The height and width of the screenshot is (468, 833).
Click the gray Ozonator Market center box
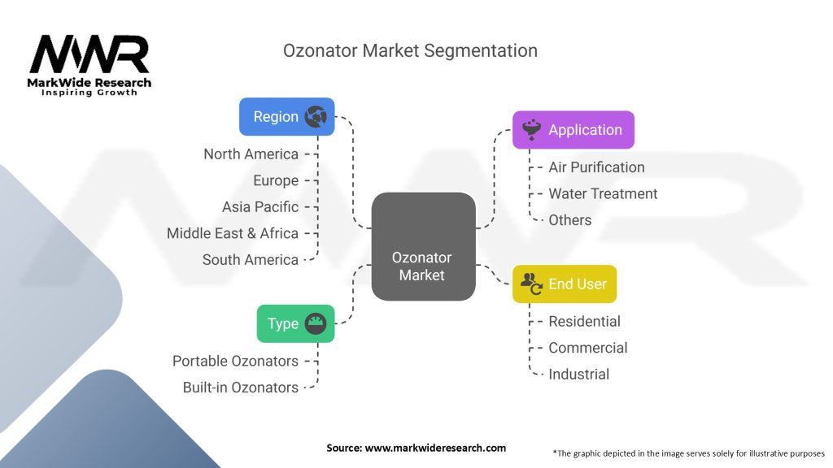(423, 247)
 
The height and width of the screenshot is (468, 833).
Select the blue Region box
(287, 117)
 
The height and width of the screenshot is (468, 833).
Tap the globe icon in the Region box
(316, 117)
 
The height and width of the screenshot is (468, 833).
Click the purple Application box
(574, 130)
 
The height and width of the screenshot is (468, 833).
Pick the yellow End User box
(565, 284)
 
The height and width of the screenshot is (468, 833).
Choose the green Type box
(296, 323)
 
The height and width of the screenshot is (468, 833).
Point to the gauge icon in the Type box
(316, 323)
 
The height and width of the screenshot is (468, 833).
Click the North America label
(251, 154)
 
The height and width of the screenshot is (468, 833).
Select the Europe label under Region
(276, 180)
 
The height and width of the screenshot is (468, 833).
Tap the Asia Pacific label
(260, 207)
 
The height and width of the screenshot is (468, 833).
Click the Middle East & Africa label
(233, 233)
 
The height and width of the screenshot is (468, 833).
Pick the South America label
(251, 260)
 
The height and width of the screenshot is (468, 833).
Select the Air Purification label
(596, 167)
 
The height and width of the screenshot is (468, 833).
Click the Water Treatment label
(603, 193)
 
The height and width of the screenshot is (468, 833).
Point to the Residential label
(584, 322)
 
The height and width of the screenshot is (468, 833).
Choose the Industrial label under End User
(579, 375)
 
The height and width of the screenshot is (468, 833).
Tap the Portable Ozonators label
(235, 361)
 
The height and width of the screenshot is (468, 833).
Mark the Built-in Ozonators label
(241, 388)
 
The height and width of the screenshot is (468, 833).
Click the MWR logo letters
(89, 54)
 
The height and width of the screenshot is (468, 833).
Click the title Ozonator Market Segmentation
(410, 51)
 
